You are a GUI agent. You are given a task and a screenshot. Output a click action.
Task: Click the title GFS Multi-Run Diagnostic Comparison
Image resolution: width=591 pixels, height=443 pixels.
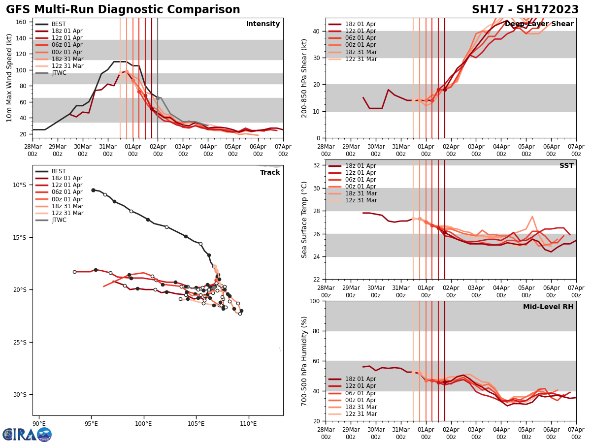pyautogui.click(x=123, y=10)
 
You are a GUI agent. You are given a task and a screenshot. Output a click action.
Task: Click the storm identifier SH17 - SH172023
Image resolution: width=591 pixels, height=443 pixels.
pyautogui.click(x=525, y=10)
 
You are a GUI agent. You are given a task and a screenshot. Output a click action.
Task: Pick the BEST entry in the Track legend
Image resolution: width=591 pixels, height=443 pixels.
pyautogui.click(x=59, y=171)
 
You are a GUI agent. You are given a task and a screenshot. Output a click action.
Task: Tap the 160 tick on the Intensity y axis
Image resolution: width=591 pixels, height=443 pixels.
pyautogui.click(x=22, y=22)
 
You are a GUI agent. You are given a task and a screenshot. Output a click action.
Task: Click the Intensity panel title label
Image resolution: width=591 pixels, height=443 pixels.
pyautogui.click(x=263, y=24)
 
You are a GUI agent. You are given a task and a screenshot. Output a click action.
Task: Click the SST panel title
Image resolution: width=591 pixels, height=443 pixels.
pyautogui.click(x=566, y=166)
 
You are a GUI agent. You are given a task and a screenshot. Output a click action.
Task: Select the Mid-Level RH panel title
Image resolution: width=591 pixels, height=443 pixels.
pyautogui.click(x=548, y=307)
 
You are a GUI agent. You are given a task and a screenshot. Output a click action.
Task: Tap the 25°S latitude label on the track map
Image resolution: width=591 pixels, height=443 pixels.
pyautogui.click(x=20, y=342)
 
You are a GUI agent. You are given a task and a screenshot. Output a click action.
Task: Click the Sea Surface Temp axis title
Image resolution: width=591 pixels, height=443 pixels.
pyautogui.click(x=304, y=220)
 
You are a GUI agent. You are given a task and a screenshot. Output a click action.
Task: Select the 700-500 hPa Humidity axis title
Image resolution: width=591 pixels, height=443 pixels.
pyautogui.click(x=304, y=361)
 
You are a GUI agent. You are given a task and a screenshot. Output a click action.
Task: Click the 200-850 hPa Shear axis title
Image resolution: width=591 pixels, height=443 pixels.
pyautogui.click(x=304, y=78)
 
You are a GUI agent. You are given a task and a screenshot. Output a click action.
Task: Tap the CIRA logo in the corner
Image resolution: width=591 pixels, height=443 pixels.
pyautogui.click(x=27, y=434)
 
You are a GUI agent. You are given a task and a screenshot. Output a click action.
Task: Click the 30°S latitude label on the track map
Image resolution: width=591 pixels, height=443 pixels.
pyautogui.click(x=20, y=394)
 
